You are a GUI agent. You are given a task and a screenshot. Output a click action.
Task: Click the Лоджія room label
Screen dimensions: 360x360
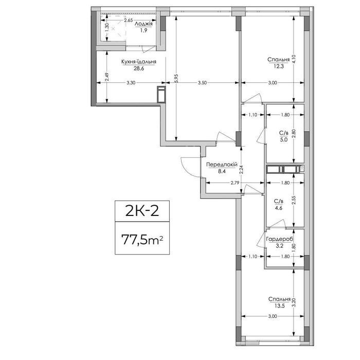click(x=143, y=24)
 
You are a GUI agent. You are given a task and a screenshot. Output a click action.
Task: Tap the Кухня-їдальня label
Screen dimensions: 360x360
click(x=139, y=62)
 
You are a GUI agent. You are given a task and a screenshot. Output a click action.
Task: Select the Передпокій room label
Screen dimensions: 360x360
click(x=222, y=165)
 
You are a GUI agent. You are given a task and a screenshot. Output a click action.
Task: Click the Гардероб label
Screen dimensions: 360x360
click(x=279, y=240)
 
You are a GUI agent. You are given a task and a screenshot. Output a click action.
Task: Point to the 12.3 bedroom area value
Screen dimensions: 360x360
click(x=279, y=66)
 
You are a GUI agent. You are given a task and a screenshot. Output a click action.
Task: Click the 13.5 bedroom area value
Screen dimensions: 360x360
click(x=279, y=306)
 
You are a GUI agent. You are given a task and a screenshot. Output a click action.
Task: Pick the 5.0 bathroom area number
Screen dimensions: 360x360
click(x=283, y=139)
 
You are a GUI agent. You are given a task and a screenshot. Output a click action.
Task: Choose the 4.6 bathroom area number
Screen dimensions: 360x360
click(x=278, y=208)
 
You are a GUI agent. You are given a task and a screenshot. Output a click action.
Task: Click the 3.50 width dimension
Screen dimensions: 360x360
click(x=202, y=83)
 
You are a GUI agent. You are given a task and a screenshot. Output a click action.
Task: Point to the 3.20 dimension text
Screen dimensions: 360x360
click(x=294, y=302)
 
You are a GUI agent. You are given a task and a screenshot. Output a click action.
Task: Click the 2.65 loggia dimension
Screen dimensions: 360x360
click(x=129, y=20)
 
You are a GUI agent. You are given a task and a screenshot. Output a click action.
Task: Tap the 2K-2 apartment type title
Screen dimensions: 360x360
click(x=142, y=211)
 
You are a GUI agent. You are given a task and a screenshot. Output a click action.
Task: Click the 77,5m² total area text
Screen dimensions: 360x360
click(x=142, y=240)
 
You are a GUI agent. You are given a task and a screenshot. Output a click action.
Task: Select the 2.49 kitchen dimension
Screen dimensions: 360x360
click(x=107, y=77)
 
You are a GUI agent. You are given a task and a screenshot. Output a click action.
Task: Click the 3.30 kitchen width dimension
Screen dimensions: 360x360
click(x=131, y=83)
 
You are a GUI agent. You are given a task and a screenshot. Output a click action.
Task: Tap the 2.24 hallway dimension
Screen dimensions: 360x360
click(x=241, y=170)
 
